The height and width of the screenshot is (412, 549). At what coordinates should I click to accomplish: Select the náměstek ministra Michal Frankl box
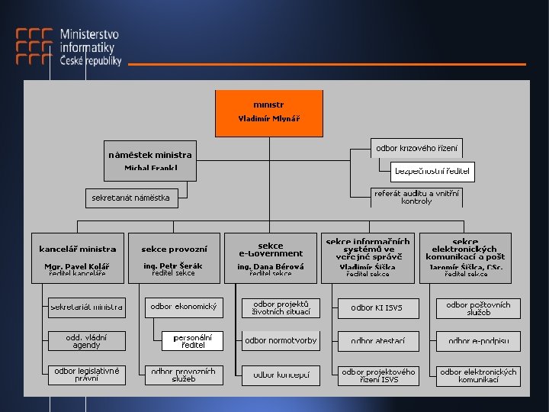(x=150, y=160)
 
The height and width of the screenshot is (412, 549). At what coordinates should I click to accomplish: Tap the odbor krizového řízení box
(x=417, y=147)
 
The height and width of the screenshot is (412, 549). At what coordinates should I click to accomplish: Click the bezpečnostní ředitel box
(x=432, y=172)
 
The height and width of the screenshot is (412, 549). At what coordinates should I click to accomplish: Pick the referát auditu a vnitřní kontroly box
(x=416, y=197)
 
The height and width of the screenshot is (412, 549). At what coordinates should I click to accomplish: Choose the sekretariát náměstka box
(x=130, y=198)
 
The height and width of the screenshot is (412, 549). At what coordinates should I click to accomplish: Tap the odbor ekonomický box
(x=184, y=307)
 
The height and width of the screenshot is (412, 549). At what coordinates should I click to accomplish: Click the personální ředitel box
(x=193, y=340)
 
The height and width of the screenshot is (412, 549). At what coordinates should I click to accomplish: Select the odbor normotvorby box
(x=281, y=340)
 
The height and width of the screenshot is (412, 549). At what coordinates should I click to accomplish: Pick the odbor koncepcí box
(x=281, y=375)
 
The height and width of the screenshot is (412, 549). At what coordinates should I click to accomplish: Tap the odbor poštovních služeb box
(x=478, y=307)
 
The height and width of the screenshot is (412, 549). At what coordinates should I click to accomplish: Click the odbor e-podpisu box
(x=478, y=340)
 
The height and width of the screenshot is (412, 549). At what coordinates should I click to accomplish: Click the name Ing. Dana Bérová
(x=271, y=266)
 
